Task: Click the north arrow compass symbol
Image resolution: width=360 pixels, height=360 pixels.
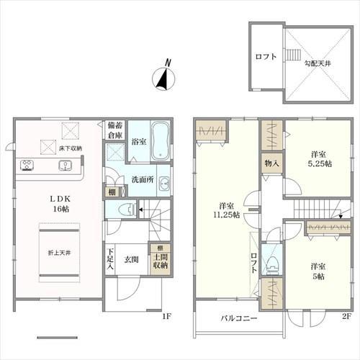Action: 164,76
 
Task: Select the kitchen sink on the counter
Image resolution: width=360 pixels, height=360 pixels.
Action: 66,166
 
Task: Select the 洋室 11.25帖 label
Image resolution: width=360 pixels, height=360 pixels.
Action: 227,210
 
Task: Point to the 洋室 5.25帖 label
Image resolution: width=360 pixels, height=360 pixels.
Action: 320,159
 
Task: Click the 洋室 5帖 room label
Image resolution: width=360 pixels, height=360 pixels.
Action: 318,271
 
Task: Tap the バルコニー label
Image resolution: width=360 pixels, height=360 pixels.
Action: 239,318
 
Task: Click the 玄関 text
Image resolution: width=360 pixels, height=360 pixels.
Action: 131,259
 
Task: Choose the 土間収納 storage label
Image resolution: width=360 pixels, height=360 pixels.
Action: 161,261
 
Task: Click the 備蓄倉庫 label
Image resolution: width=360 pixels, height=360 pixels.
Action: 115,130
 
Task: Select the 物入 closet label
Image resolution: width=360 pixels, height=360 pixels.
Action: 271,163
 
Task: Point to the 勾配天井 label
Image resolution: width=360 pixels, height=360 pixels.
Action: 318,63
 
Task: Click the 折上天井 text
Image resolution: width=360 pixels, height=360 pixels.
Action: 59,253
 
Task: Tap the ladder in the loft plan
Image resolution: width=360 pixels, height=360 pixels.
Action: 293,54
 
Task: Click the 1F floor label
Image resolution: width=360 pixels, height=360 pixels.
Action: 166,317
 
